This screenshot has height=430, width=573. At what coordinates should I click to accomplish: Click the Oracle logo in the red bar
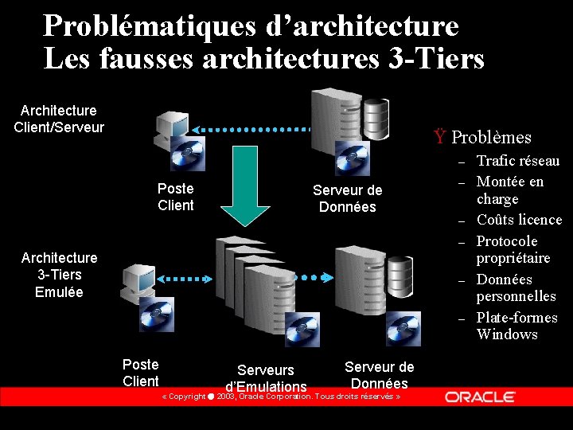tap(480, 397)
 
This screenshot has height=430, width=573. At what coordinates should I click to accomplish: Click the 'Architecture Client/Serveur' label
tap(59, 119)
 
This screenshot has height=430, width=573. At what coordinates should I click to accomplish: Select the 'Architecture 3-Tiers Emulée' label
tap(59, 275)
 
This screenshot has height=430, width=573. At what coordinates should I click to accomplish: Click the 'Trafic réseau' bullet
tap(518, 161)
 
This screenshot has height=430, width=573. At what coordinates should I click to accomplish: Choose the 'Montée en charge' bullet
tap(510, 190)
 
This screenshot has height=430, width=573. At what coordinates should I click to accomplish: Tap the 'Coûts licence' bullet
tap(519, 220)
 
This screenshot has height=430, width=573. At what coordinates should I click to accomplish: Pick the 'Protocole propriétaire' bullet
tap(513, 249)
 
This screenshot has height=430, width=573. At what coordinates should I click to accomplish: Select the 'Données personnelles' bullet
tap(516, 287)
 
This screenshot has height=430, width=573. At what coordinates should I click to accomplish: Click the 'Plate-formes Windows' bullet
tap(516, 326)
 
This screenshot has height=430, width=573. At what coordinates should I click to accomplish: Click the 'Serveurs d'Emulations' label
tap(266, 378)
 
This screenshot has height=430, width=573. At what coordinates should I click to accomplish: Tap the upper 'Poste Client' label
tap(176, 197)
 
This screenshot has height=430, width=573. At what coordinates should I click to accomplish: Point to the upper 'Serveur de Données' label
tap(347, 198)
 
